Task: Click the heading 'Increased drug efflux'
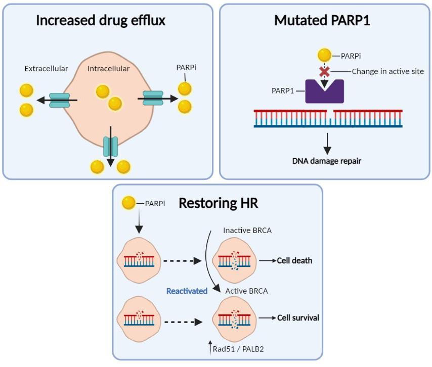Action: [x=101, y=21]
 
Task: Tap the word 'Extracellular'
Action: [x=46, y=68]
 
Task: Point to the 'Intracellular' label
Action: [x=108, y=68]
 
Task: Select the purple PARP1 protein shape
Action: [x=324, y=91]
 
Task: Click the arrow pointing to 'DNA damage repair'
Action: [x=327, y=143]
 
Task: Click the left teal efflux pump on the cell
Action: [x=59, y=100]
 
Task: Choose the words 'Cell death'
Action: [x=294, y=261]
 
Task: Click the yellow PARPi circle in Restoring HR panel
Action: [x=129, y=204]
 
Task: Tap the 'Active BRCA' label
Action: [x=246, y=291]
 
